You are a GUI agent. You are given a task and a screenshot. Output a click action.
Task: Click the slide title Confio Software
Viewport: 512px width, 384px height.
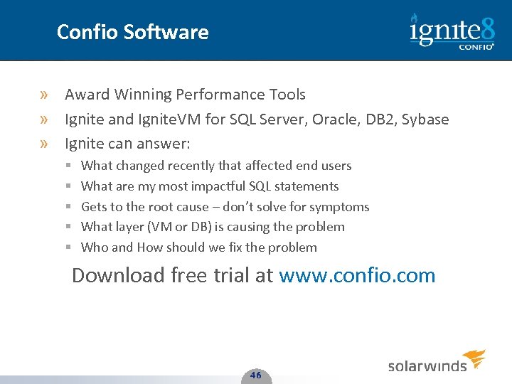132,32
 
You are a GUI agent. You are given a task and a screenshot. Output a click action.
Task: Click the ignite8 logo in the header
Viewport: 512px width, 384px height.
452,31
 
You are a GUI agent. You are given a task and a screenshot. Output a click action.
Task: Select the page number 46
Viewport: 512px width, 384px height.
256,375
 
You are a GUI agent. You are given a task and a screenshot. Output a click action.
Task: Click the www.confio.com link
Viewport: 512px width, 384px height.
357,275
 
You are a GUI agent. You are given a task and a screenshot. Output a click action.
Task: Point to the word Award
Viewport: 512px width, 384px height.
86,95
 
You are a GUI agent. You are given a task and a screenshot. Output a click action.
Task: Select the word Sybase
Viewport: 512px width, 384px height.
425,119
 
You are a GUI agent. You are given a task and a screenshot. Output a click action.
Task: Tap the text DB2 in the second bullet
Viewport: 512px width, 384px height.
380,119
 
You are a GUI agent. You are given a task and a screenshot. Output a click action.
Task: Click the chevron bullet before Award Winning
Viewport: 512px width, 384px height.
45,95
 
